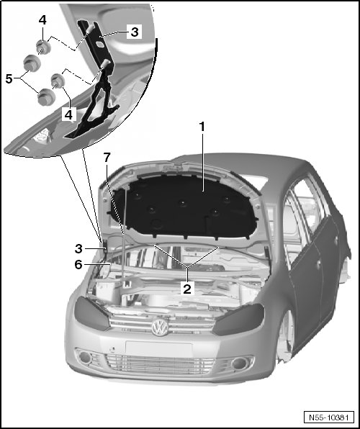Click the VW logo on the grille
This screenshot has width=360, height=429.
160,328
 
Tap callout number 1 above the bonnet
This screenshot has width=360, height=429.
202,127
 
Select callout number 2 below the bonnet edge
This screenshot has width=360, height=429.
187,289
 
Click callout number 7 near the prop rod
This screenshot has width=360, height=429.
107,158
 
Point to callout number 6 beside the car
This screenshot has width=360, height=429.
78,265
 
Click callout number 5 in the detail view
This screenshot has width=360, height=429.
9,78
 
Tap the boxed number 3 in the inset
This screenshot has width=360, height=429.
135,32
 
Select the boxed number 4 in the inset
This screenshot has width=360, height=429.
68,114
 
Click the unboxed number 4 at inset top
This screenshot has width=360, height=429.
42,19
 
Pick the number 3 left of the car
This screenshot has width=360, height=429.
78,249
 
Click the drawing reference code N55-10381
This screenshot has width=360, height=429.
329,417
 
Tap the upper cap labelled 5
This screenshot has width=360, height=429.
32,63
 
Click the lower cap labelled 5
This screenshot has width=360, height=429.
47,97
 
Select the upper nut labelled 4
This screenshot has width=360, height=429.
43,47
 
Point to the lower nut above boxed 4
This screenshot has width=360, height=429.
58,81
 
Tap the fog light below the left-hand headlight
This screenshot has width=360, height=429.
240,363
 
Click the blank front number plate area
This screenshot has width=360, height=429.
159,348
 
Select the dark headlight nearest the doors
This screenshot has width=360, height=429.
238,320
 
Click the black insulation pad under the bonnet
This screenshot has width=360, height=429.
184,209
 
